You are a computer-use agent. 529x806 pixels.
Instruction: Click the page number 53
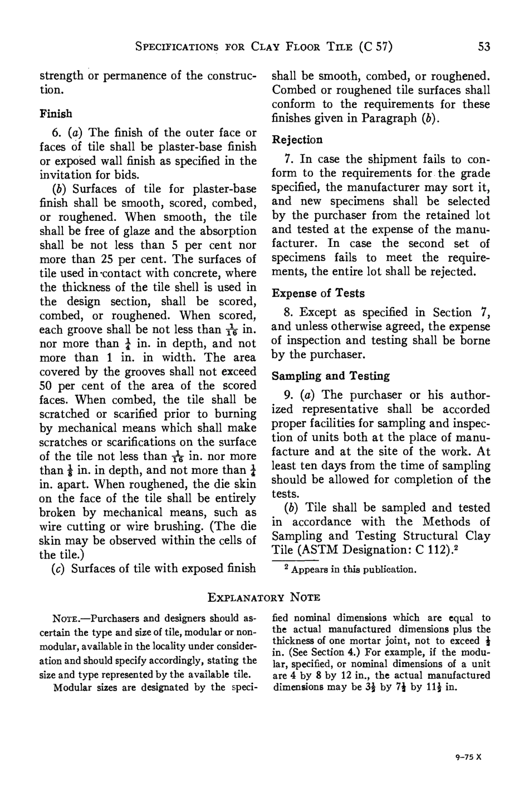click(x=484, y=47)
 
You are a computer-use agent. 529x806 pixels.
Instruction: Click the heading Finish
click(x=56, y=114)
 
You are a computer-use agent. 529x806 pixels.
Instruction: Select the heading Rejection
click(x=297, y=140)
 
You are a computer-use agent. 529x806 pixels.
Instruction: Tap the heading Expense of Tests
click(x=318, y=293)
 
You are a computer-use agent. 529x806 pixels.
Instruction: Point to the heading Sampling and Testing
click(x=330, y=376)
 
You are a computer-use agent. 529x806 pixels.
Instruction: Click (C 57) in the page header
click(x=376, y=47)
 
